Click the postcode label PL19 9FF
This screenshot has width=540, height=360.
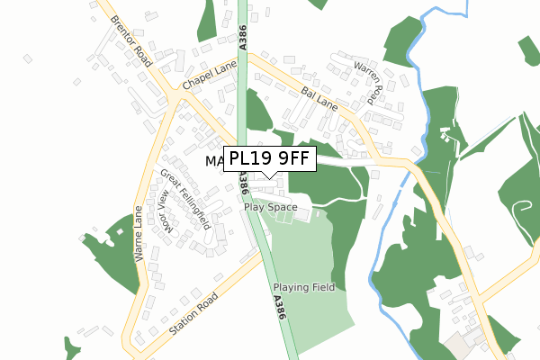click(x=269, y=159)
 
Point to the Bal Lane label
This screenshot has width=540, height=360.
click(x=319, y=98)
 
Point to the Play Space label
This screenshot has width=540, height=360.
click(x=270, y=207)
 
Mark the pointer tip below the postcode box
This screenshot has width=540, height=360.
click(x=269, y=178)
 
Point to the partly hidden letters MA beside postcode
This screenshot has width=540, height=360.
click(x=213, y=162)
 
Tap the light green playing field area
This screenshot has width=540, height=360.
click(x=306, y=261)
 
